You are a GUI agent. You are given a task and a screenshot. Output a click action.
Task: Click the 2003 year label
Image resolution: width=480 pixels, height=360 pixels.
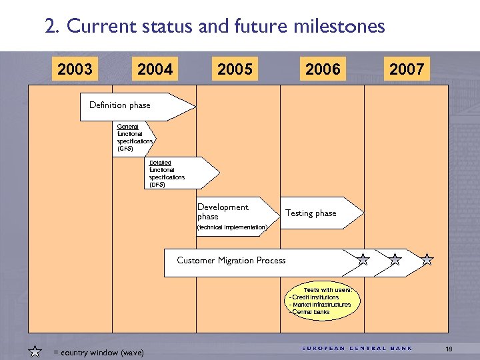click(x=75, y=69)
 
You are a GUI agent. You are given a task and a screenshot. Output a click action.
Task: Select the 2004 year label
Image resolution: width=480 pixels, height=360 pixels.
click(x=155, y=69)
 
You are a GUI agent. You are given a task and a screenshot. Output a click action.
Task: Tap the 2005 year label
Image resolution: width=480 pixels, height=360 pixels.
click(x=235, y=69)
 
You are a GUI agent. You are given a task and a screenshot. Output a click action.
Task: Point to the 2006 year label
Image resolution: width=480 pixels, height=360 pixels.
click(x=323, y=69)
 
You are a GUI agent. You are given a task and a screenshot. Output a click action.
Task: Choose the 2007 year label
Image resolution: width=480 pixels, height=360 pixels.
click(x=407, y=69)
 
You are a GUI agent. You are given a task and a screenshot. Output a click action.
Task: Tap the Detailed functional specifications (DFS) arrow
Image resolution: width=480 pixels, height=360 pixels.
click(x=179, y=173)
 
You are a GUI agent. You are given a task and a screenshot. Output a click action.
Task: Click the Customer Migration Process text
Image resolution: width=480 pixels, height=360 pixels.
click(x=231, y=261)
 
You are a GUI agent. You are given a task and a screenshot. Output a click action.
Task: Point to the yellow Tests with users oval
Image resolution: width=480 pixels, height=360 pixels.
click(x=321, y=301)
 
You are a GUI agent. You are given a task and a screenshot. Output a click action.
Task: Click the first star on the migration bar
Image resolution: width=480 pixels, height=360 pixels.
click(x=363, y=259)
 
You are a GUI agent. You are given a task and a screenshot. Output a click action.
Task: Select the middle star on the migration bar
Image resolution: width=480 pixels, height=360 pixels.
click(x=395, y=259)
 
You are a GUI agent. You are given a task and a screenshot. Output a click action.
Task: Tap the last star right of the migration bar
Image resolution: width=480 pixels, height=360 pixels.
click(x=427, y=259)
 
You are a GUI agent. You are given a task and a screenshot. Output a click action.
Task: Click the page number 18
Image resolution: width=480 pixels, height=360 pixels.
click(x=449, y=349)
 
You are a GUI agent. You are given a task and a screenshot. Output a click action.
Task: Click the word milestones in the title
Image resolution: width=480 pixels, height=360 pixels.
click(x=344, y=26)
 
